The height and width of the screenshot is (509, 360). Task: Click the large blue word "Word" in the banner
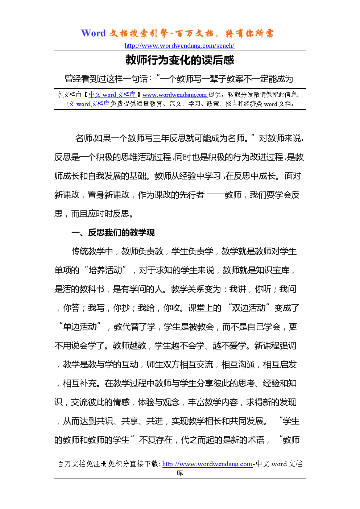[93, 33]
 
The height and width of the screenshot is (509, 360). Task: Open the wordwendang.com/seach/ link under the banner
[179, 46]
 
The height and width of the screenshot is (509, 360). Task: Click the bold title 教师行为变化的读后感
[180, 60]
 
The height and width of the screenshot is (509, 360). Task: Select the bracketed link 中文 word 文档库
[112, 95]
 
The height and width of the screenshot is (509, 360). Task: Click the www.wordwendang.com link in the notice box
[174, 95]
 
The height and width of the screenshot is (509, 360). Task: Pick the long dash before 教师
[215, 195]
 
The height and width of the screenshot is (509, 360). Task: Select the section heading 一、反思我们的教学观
[113, 232]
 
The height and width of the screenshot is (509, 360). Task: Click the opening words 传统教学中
[92, 251]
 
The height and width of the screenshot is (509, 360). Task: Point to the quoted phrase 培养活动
[105, 270]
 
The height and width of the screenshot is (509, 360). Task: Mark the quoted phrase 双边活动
[248, 308]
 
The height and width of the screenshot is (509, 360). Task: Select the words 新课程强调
[275, 345]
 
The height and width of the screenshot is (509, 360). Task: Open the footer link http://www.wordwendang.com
[207, 464]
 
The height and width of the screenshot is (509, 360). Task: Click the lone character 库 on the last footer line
[180, 473]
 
